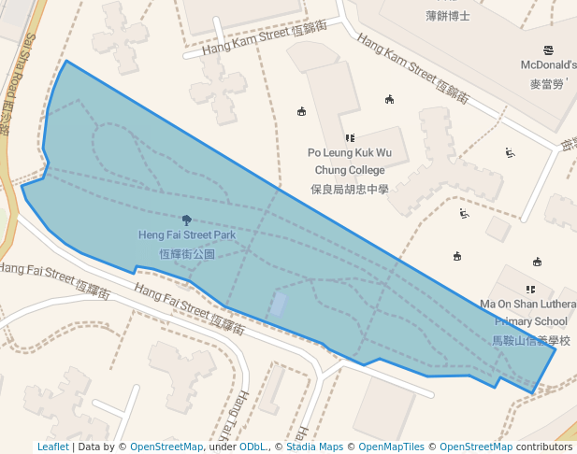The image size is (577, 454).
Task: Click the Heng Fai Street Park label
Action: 187,235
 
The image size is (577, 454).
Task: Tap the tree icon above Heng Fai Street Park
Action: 187,220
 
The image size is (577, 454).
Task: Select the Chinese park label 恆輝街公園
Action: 187,253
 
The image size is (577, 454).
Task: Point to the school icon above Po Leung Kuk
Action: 350,138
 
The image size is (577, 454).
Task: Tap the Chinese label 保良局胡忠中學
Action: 349,189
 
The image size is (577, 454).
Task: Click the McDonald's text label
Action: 548,65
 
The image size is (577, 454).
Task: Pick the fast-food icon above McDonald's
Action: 548,50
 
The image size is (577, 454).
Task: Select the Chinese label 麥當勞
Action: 548,84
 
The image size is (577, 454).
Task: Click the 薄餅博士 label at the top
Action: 447,15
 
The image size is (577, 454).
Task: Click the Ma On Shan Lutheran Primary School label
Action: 527,312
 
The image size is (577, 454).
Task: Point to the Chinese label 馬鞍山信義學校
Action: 531,340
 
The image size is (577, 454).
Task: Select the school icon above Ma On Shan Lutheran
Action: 531,290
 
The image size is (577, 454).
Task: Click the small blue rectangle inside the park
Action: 279,305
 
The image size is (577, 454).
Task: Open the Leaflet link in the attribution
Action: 52,447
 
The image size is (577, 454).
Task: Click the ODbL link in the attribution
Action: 252,447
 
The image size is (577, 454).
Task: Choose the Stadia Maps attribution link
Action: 313,447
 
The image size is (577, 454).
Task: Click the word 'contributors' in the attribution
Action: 544,447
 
